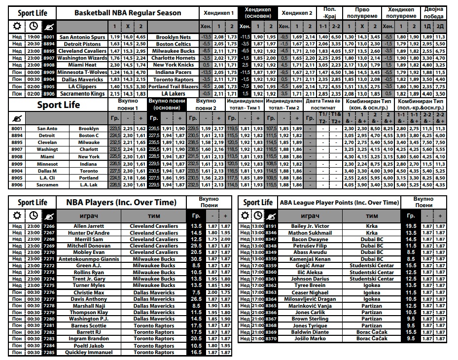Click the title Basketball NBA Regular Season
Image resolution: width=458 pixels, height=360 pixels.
[x=128, y=13]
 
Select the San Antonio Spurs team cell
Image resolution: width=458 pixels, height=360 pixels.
[x=81, y=37]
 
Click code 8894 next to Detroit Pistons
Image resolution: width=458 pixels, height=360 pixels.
[x=49, y=44]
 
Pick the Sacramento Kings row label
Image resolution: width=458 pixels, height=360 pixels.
[x=81, y=93]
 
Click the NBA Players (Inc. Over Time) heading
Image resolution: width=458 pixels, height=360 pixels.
[x=121, y=202]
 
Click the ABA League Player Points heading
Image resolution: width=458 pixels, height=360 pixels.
[x=339, y=202]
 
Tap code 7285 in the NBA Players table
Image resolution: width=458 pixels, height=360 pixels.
[x=49, y=352]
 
